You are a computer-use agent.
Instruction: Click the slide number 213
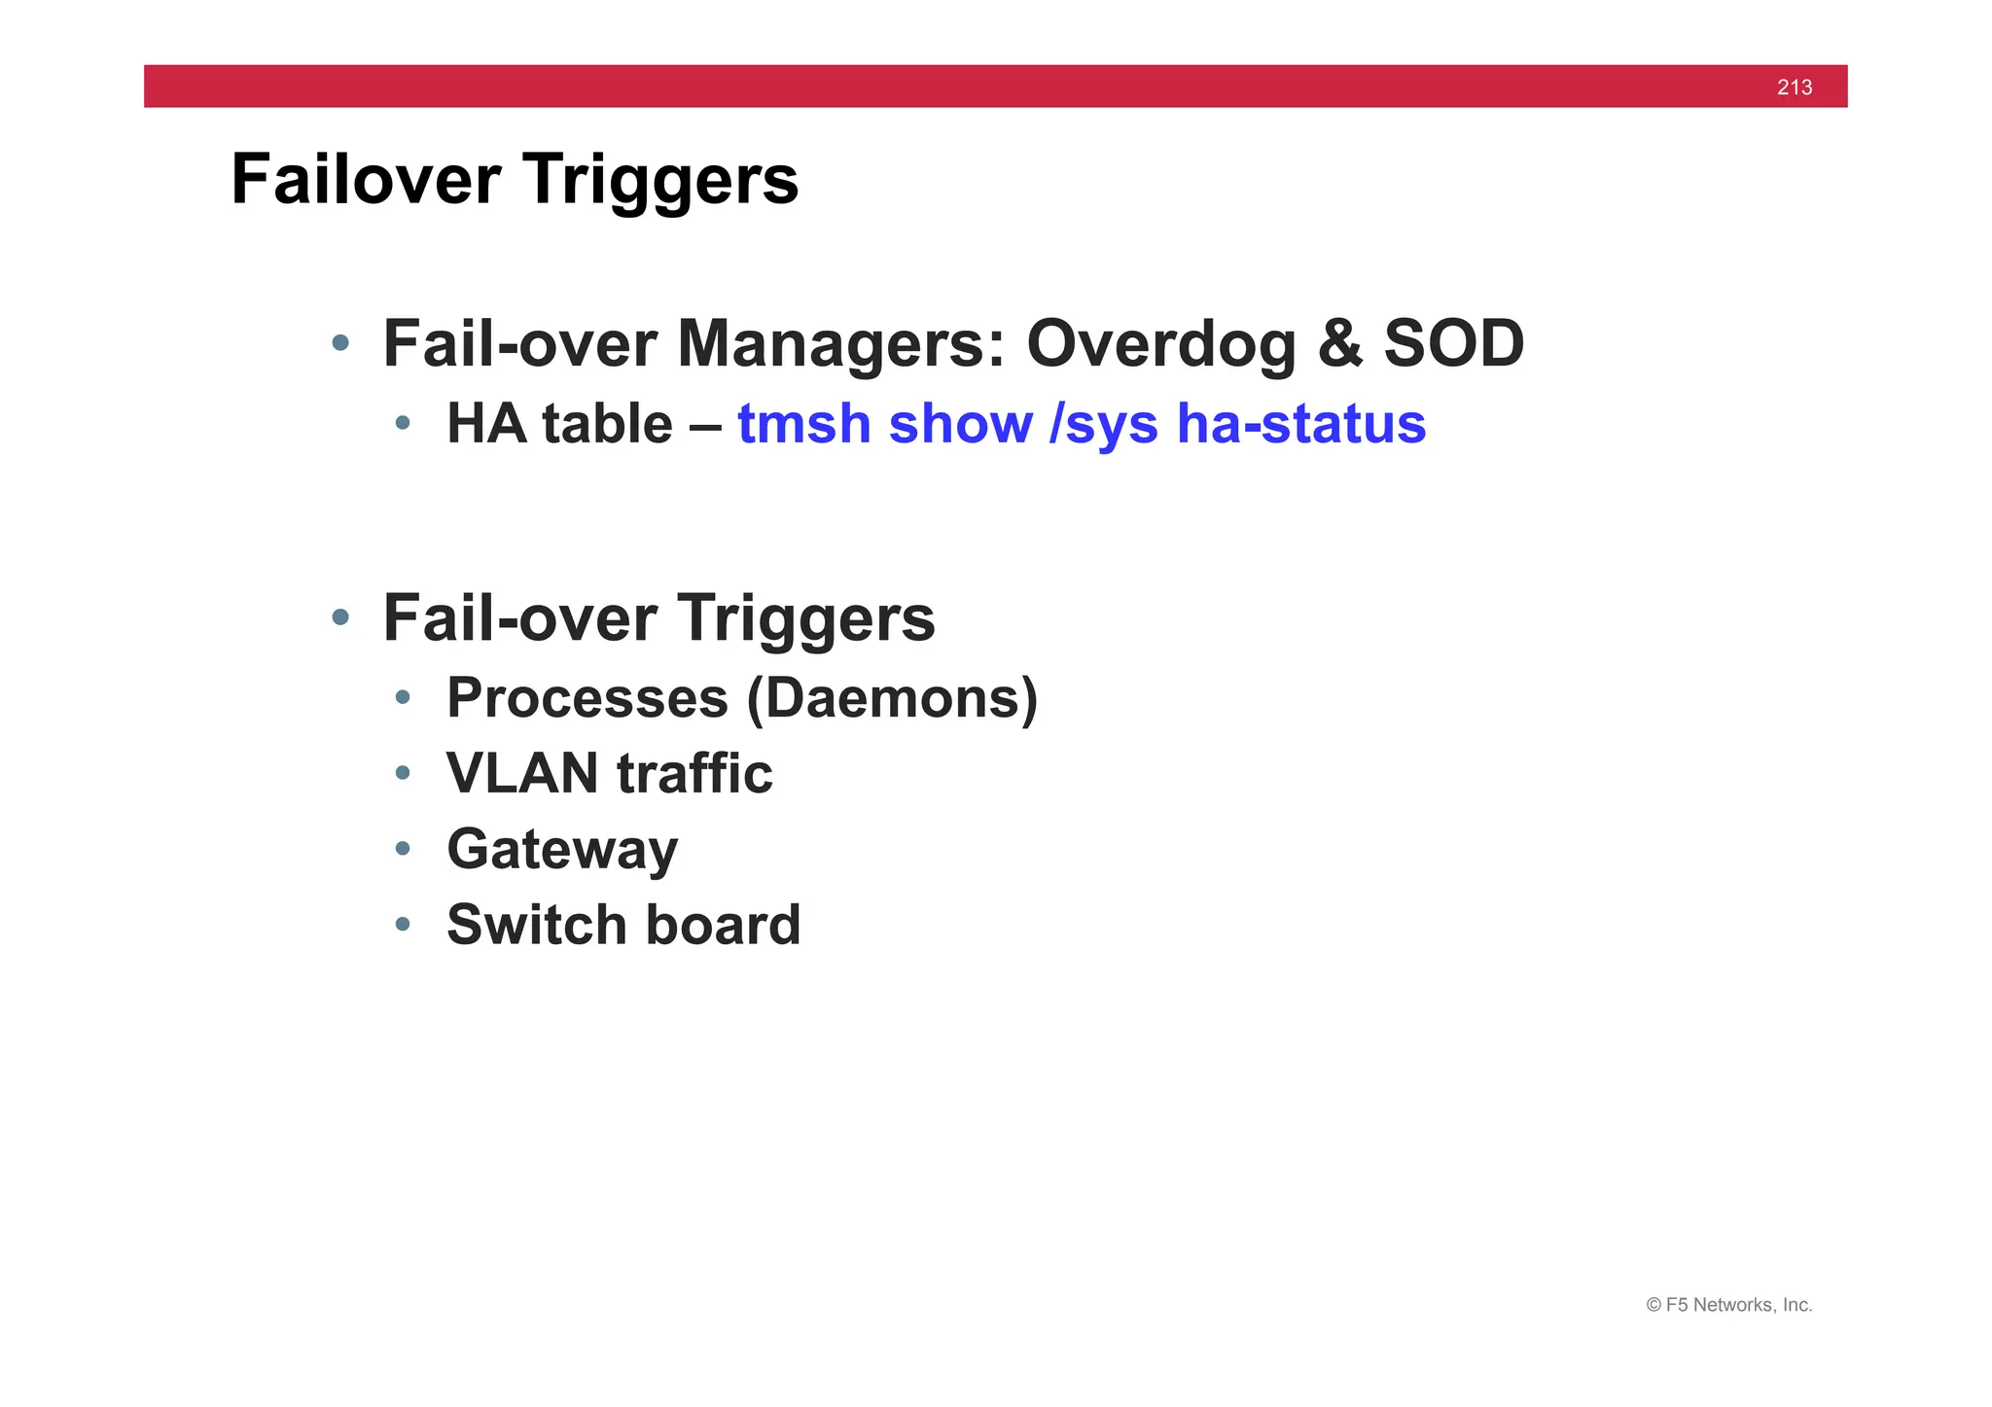(1794, 88)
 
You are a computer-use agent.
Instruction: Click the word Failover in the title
(366, 180)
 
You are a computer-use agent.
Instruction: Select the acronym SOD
(1453, 344)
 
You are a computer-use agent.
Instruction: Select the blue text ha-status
(1300, 425)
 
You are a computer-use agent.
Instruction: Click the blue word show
(960, 425)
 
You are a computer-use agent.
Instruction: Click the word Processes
(587, 698)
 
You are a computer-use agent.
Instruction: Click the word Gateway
(562, 850)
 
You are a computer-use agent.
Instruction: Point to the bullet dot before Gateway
(403, 849)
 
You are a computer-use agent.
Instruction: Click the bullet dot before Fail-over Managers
(339, 342)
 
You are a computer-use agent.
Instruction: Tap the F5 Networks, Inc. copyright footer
(1728, 1305)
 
